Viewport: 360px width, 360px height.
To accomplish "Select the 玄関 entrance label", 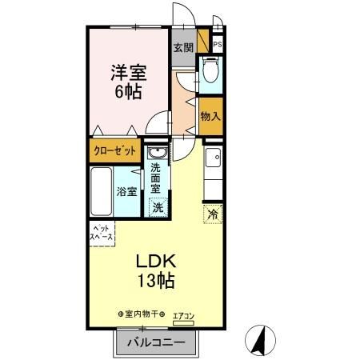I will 182,47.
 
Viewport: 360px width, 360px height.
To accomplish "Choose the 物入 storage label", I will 210,117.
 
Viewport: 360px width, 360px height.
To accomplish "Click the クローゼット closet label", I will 111,150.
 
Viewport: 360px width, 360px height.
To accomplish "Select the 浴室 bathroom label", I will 127,192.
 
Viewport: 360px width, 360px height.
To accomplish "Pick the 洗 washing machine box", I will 158,207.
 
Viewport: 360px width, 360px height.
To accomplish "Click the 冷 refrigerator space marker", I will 214,214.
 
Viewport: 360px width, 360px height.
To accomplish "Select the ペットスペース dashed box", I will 102,233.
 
